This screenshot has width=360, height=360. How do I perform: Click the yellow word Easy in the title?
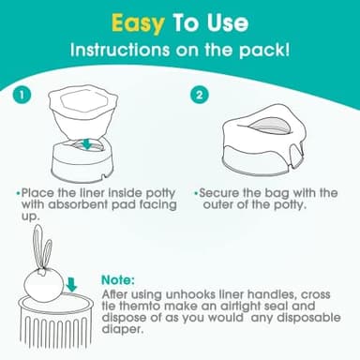tap(140, 21)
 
